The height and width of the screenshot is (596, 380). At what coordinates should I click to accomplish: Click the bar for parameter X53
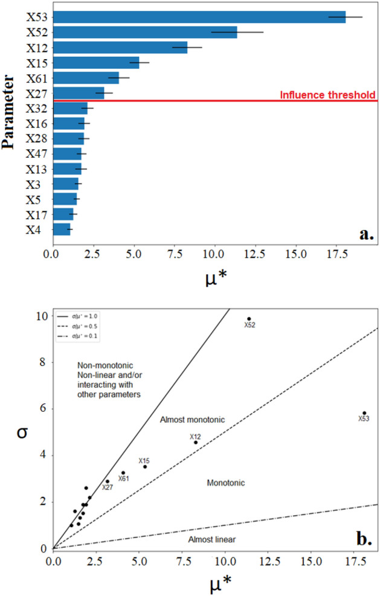point(199,17)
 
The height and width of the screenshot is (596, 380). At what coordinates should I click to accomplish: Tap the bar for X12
point(120,48)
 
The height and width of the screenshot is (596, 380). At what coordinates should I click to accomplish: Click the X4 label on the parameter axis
point(34,229)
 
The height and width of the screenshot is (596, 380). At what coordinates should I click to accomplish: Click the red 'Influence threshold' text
point(329,95)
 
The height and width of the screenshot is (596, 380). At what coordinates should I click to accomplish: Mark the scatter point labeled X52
point(249,319)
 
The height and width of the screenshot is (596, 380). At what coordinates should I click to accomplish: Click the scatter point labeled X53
point(364,413)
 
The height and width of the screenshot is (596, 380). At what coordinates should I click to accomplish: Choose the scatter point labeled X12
point(196,442)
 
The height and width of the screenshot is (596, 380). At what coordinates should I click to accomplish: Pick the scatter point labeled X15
point(145,466)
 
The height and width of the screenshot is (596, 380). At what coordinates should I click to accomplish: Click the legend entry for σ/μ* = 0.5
point(80,325)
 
